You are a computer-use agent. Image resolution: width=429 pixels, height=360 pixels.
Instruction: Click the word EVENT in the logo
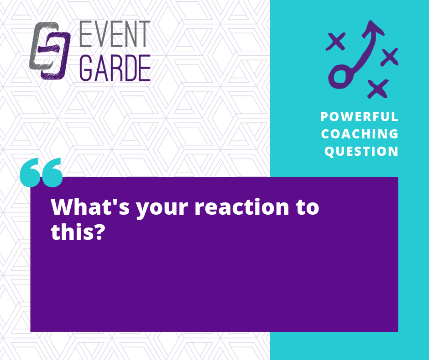pyautogui.click(x=115, y=34)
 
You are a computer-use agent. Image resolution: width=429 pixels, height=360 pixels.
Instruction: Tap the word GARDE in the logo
pyautogui.click(x=115, y=68)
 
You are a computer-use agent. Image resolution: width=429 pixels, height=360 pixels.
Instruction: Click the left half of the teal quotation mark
pyautogui.click(x=30, y=173)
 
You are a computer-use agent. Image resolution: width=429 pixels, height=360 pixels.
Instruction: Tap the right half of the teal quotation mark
pyautogui.click(x=52, y=173)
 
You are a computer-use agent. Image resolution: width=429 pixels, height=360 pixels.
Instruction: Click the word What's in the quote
pyautogui.click(x=90, y=206)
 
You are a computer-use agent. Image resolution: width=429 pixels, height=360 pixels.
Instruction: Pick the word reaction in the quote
pyautogui.click(x=242, y=206)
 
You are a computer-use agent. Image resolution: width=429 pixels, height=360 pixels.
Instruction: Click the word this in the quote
pyautogui.click(x=70, y=231)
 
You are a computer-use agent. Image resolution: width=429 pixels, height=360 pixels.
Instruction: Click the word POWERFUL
pyautogui.click(x=359, y=116)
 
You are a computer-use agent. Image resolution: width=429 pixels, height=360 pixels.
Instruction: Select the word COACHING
pyautogui.click(x=360, y=134)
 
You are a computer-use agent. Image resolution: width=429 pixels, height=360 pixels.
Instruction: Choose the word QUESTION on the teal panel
pyautogui.click(x=361, y=152)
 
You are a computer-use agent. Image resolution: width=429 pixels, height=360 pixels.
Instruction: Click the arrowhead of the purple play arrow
pyautogui.click(x=372, y=28)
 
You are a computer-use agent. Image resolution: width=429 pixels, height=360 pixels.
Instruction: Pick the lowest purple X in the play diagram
pyautogui.click(x=378, y=89)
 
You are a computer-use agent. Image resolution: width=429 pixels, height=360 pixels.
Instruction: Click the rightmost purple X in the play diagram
pyautogui.click(x=390, y=57)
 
